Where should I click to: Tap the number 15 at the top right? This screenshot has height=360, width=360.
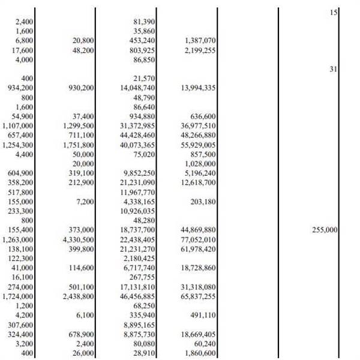pyautogui.click(x=333, y=12)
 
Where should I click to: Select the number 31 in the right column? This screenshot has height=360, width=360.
pyautogui.click(x=333, y=69)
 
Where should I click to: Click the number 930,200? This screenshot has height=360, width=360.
pyautogui.click(x=79, y=88)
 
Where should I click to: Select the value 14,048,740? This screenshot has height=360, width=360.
pyautogui.click(x=139, y=88)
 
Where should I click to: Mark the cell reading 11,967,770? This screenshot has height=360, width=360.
pyautogui.click(x=139, y=192)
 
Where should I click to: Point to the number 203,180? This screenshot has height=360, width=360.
pyautogui.click(x=202, y=202)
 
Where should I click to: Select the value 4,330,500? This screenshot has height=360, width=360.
pyautogui.click(x=79, y=239)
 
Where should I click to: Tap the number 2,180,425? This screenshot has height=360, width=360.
pyautogui.click(x=141, y=259)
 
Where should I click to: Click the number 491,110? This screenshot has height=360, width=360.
pyautogui.click(x=202, y=315)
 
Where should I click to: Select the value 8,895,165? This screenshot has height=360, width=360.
pyautogui.click(x=141, y=325)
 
